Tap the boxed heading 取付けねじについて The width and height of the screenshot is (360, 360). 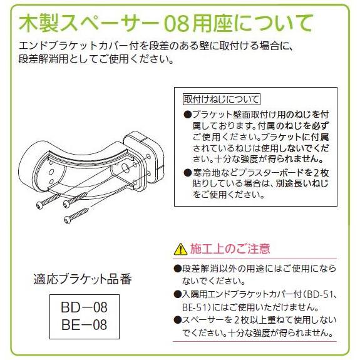tap(221, 99)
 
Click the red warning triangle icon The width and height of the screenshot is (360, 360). tap(180, 249)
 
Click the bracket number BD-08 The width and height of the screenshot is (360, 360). tap(84, 309)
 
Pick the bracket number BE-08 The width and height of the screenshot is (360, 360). tap(84, 325)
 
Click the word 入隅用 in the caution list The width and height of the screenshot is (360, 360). tap(196, 294)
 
